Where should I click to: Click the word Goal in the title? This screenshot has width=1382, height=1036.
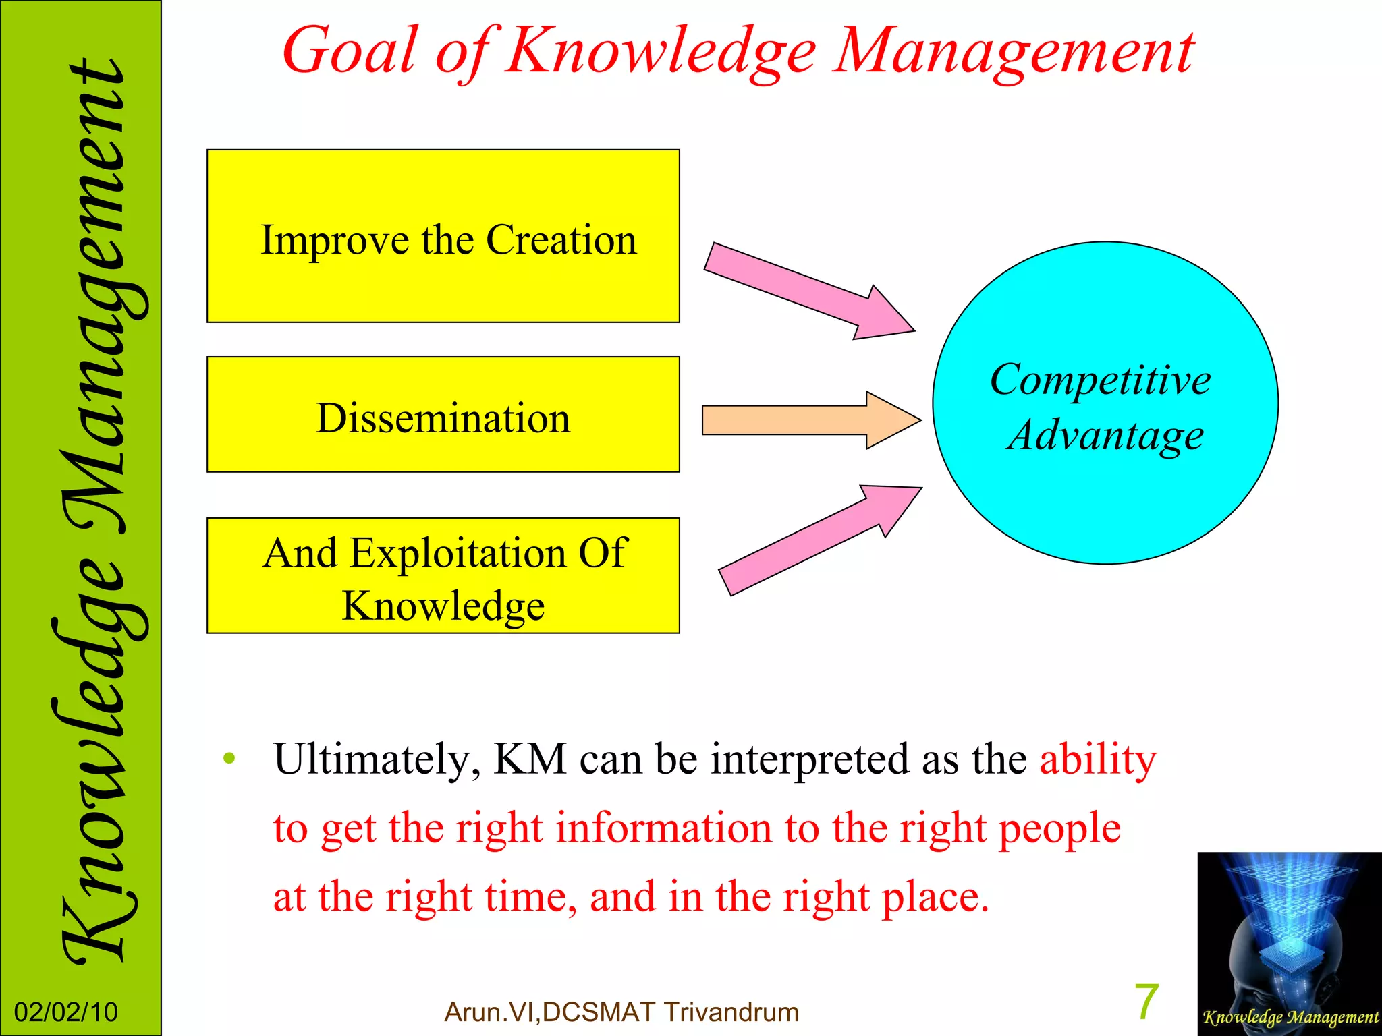tap(350, 51)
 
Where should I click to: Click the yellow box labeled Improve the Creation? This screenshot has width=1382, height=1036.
tap(443, 237)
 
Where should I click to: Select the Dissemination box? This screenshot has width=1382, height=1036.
tap(443, 415)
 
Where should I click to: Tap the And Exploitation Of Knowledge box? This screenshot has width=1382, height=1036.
tap(443, 576)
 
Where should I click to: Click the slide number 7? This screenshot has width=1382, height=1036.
tap(1146, 1002)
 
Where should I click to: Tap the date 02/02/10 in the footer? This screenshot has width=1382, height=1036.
tap(65, 1012)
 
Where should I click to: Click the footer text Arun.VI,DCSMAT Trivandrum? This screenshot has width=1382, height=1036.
tap(621, 1012)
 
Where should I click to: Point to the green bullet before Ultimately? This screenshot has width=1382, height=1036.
tap(229, 759)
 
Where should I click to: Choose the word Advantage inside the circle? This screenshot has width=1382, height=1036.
tap(1105, 435)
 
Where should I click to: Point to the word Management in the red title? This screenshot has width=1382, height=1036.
tap(1012, 51)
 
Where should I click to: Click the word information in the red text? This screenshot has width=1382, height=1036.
tap(663, 829)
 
